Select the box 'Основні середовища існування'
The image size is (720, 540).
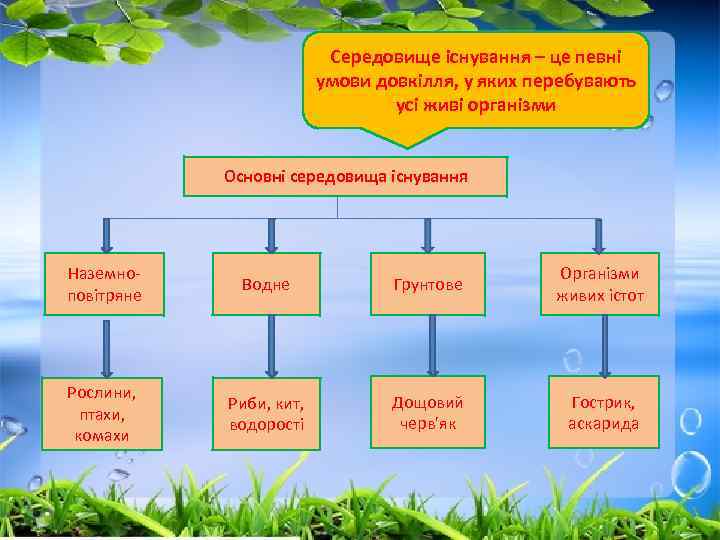346,176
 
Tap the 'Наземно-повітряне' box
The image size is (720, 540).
105,284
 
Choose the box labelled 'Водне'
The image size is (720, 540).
265,285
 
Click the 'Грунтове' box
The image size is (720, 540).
427,285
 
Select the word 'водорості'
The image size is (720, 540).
265,424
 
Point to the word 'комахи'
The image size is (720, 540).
105,436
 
